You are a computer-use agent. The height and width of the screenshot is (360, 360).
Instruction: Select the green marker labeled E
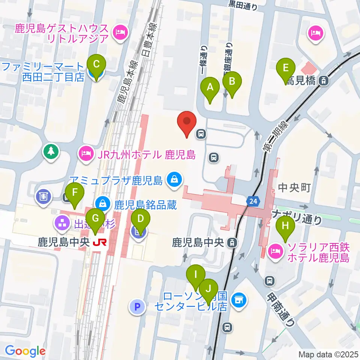click(x=285, y=69)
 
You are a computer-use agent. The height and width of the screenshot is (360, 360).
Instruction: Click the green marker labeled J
click(x=208, y=289)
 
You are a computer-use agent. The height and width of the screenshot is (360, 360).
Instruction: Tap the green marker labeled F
click(x=75, y=193)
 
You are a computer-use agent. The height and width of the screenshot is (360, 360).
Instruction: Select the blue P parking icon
click(x=137, y=307)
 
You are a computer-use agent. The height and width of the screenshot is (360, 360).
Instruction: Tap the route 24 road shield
click(x=252, y=202)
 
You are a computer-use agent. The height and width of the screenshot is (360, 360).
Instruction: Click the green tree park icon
click(x=51, y=151)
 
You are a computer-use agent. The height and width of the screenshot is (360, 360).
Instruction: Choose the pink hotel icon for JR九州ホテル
click(x=86, y=153)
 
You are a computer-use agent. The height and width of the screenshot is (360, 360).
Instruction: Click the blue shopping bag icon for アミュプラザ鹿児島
click(x=174, y=179)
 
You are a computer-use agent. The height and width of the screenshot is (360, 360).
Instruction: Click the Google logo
click(x=25, y=351)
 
